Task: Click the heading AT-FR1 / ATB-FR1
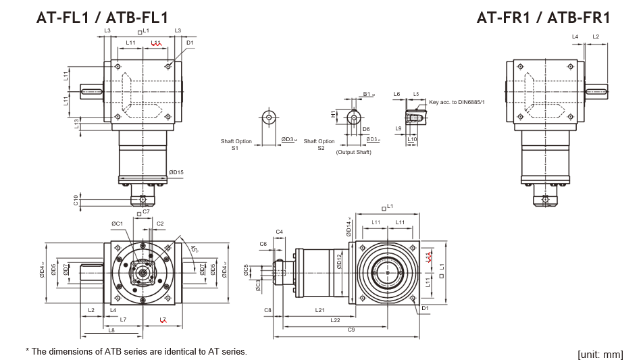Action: click(543, 18)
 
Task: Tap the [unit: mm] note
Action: click(600, 354)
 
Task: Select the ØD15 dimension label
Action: click(176, 172)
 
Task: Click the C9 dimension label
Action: click(351, 330)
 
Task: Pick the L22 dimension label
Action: click(335, 319)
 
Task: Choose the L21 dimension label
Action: click(320, 309)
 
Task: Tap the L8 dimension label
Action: click(111, 330)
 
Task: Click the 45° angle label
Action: click(194, 250)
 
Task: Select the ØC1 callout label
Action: click(117, 223)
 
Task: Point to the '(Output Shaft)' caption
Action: click(353, 152)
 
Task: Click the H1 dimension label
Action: click(333, 114)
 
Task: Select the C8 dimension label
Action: click(267, 309)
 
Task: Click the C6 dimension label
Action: click(263, 243)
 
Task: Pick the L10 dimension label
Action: click(412, 139)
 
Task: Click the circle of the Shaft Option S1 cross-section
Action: click(269, 118)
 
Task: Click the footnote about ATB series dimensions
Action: click(136, 351)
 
